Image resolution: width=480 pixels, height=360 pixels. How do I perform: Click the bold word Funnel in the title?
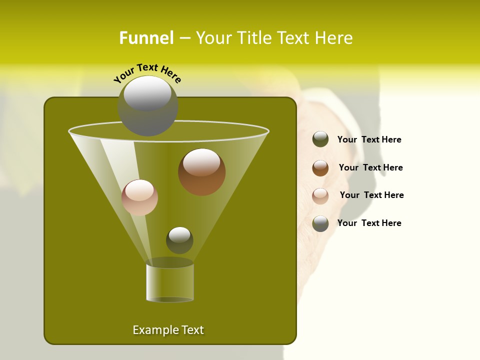click(x=146, y=38)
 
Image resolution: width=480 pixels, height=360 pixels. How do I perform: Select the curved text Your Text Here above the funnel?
click(x=147, y=72)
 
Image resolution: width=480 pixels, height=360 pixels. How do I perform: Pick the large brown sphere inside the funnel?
click(x=201, y=172)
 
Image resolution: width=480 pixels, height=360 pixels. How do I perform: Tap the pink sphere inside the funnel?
click(x=139, y=197)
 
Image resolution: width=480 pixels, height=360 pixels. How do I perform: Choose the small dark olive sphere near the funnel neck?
click(x=179, y=240)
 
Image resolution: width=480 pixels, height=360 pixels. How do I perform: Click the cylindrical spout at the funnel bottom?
click(x=169, y=282)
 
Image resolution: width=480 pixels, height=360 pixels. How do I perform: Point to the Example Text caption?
click(x=168, y=330)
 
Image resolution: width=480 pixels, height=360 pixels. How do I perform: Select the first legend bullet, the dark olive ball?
click(x=320, y=139)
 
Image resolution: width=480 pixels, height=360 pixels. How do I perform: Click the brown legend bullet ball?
click(x=320, y=168)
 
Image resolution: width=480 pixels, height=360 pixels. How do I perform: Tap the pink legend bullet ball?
click(x=320, y=196)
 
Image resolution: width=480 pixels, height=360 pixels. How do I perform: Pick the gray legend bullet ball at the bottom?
click(x=320, y=223)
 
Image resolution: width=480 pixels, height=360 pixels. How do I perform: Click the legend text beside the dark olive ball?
click(x=369, y=139)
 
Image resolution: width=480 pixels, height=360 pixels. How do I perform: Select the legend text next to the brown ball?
click(x=370, y=167)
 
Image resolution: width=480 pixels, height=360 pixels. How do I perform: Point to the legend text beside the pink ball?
click(x=371, y=195)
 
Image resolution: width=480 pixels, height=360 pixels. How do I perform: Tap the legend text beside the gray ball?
click(x=369, y=223)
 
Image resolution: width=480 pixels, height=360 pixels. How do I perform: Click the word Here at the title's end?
click(x=334, y=38)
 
